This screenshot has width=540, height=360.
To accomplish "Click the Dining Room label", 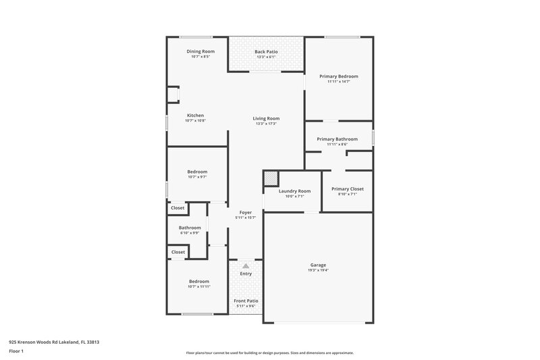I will pyautogui.click(x=200, y=51).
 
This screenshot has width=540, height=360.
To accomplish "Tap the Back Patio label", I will pyautogui.click(x=267, y=51).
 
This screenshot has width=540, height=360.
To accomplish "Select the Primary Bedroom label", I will pyautogui.click(x=339, y=76).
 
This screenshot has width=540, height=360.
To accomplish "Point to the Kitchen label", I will pyautogui.click(x=195, y=115).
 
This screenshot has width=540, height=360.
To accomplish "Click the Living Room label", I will pyautogui.click(x=267, y=118).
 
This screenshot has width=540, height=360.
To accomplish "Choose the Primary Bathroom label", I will pyautogui.click(x=337, y=138).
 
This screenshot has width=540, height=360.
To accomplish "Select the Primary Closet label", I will pyautogui.click(x=348, y=189).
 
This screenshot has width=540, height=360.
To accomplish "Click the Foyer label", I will pyautogui.click(x=246, y=212).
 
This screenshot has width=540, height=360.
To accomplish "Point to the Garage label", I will pyautogui.click(x=318, y=265).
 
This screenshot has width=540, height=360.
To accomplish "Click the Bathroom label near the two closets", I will pyautogui.click(x=190, y=228).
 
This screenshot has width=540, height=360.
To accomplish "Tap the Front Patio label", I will pyautogui.click(x=246, y=301).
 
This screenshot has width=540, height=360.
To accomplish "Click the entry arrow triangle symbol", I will pyautogui.click(x=246, y=266).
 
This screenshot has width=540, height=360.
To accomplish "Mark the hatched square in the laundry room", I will pyautogui.click(x=271, y=178).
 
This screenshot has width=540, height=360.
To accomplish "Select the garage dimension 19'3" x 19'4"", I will pyautogui.click(x=318, y=270).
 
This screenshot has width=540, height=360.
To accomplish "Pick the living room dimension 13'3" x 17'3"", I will pyautogui.click(x=267, y=124).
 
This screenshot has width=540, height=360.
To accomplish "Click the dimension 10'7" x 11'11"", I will pyautogui.click(x=198, y=286).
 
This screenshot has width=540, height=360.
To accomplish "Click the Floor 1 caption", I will pyautogui.click(x=17, y=352).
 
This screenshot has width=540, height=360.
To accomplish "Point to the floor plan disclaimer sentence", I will pyautogui.click(x=270, y=353).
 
